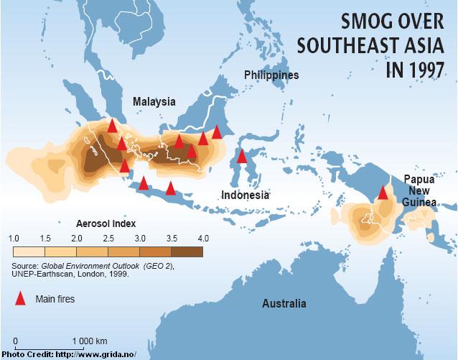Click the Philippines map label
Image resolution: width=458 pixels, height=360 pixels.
point(271,75)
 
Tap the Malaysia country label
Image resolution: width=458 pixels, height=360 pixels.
point(154,102)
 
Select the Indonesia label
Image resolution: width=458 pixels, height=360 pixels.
point(246,195)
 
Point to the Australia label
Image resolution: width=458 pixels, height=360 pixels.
point(284,303)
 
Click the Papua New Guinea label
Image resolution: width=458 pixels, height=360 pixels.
point(419,190)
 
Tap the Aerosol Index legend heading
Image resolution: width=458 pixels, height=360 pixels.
point(106,223)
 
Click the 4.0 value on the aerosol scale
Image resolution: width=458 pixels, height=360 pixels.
point(202,238)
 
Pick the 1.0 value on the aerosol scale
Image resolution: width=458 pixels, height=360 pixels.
point(14,238)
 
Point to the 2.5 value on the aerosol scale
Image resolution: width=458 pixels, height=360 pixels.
point(108,238)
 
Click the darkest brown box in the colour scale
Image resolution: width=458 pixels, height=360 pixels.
point(187,251)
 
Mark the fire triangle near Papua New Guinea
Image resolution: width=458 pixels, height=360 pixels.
point(383,192)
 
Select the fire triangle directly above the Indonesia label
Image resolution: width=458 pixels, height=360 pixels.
point(242,156)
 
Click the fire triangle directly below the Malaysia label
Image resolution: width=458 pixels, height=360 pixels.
point(179,141)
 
